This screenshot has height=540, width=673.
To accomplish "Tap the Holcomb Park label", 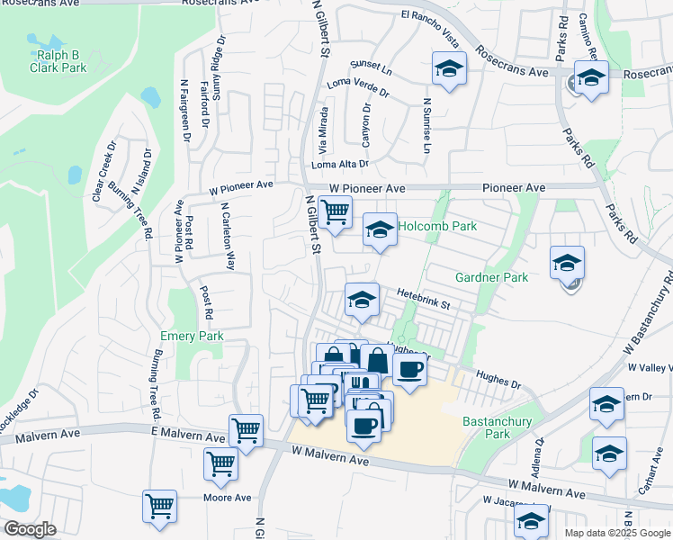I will point(437,227).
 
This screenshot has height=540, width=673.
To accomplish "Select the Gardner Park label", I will point(491,278).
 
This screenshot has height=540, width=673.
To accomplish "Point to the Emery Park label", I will point(191,336).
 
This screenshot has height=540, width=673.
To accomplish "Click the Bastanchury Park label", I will point(497,427).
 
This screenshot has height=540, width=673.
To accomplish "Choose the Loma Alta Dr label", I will point(340,165).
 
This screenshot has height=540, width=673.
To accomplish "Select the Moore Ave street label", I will point(227,498).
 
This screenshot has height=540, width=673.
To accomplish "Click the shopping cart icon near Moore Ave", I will point(159,506).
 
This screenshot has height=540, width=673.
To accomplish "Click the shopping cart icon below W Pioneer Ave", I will point(335,212).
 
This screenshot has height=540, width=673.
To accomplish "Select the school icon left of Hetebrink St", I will point(362,300).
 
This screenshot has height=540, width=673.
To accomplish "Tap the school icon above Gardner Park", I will point(567,262).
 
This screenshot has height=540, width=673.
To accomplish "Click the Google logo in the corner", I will point(30,529).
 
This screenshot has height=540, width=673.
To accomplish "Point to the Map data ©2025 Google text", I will point(616,533).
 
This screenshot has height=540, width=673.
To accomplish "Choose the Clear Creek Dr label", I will point(102,169).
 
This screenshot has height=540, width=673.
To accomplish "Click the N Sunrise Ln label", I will point(426,126).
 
